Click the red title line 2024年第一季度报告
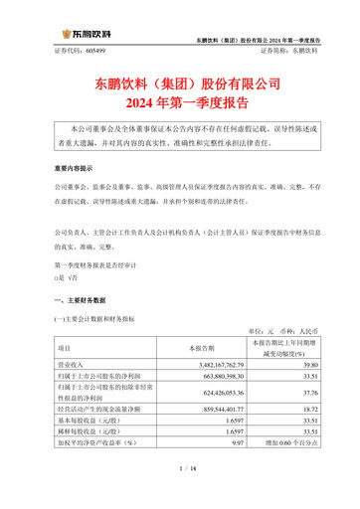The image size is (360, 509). tap(180, 99)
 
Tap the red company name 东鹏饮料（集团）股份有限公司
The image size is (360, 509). tap(180, 80)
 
